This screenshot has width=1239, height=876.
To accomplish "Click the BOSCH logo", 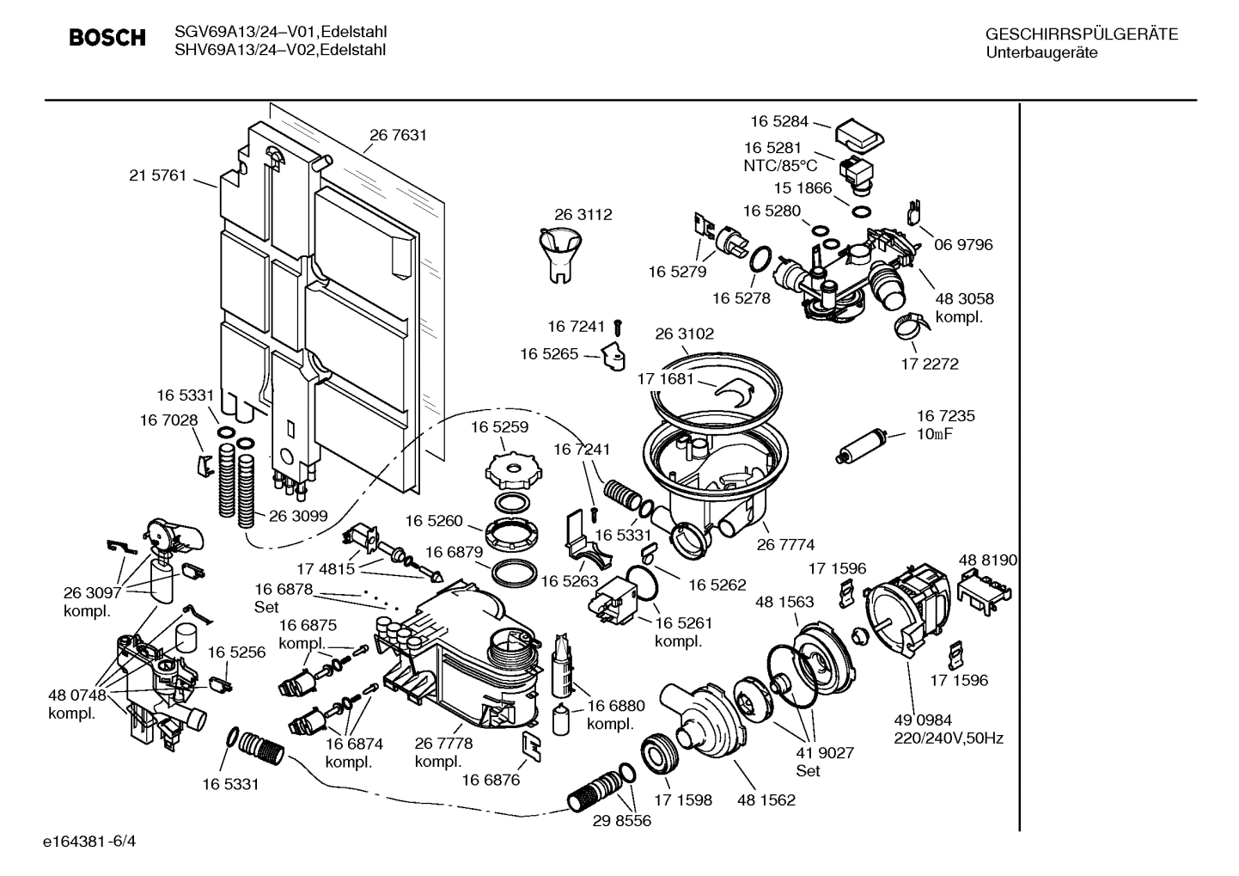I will pos(107,39).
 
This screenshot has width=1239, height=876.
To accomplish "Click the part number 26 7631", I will pos(398,135).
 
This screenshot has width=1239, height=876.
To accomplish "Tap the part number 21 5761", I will pos(157,175).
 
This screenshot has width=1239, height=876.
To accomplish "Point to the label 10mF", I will pos(934,434).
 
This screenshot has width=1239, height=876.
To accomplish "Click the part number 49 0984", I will pos(924,720).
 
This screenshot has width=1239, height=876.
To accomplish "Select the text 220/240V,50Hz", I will pos(949,738).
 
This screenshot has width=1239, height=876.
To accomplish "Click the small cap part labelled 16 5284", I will pos(859,134).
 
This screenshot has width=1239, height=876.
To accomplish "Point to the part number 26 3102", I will pos(684,334).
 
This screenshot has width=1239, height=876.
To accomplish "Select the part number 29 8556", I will pos(621,821).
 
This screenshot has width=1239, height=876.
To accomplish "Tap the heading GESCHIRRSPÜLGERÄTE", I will pos(1081,34).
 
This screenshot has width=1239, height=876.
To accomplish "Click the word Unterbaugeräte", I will pos(1041,52).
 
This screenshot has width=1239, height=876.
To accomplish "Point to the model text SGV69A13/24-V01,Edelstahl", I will pos(280,32).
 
